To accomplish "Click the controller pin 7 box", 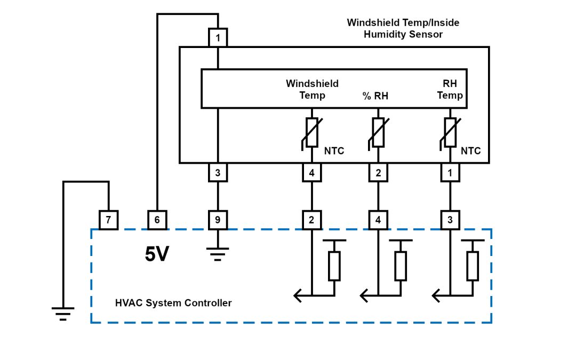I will pos(108,220).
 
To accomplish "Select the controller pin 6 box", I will pos(157,220).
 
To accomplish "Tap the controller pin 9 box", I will pos(218,220).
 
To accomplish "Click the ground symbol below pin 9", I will pos(218,251).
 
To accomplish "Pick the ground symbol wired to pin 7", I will pos(63,313).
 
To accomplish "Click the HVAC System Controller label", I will pos(173,303).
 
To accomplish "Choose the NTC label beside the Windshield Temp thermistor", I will pos(334,151).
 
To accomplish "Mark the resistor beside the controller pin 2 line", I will pos(334,266).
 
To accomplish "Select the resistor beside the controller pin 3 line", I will pos(472,266).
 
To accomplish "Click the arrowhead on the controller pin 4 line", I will pos(364,295).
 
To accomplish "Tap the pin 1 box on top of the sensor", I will pos(218,38).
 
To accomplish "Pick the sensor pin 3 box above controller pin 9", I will pos(218,173).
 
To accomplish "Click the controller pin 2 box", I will pos(311,220).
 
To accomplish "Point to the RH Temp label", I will pos(450,90).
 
